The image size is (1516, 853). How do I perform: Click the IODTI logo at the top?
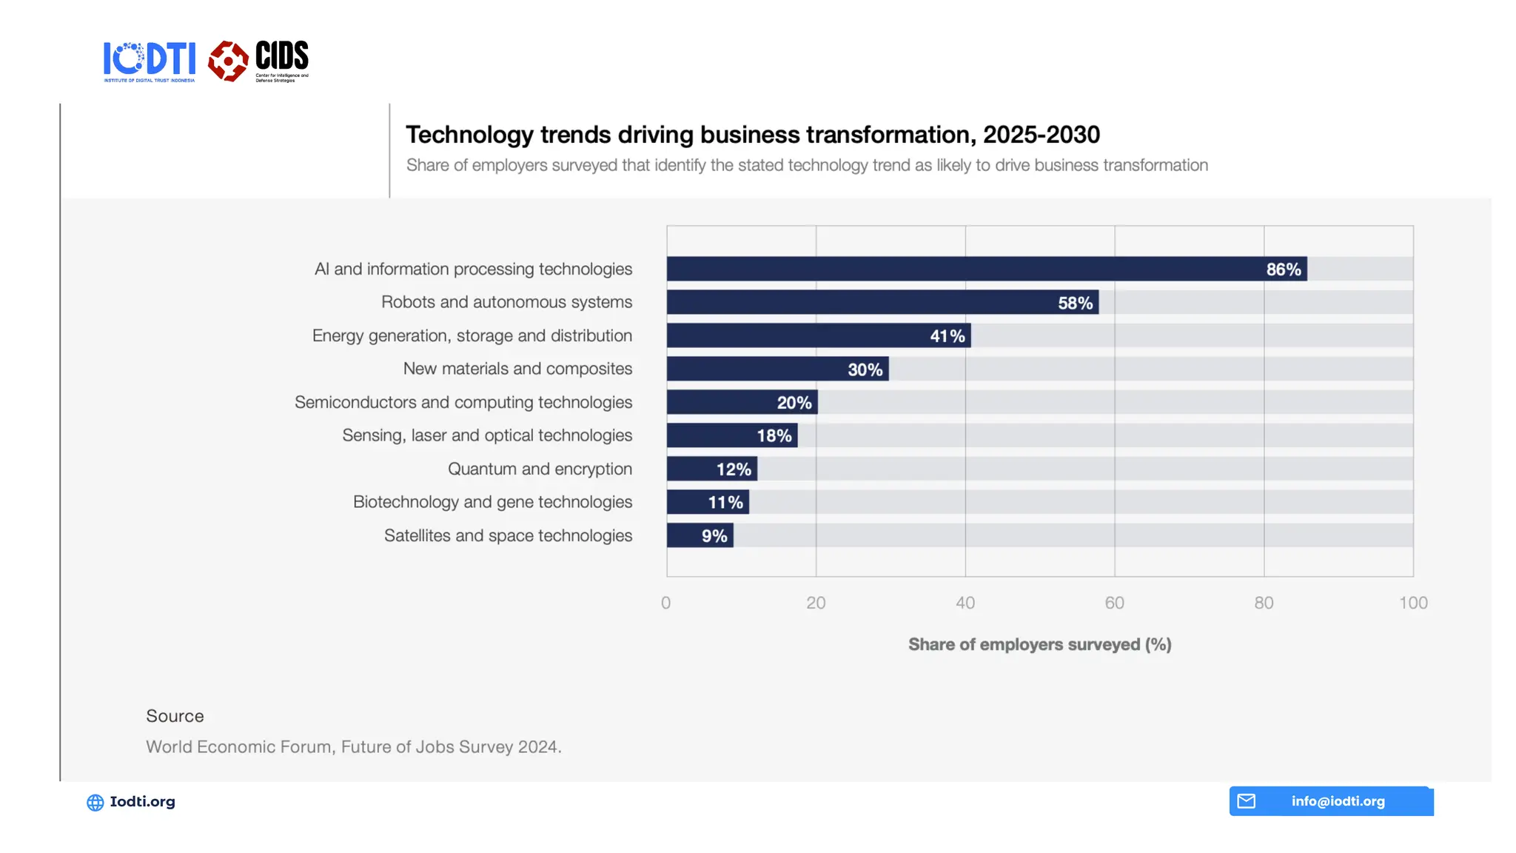(x=149, y=61)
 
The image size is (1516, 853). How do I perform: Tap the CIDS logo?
(x=258, y=61)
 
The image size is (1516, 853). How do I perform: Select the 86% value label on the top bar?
(x=1283, y=270)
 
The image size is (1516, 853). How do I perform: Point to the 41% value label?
(x=947, y=336)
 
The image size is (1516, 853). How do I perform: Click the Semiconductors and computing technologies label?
(x=463, y=402)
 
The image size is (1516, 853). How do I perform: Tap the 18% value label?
(x=774, y=436)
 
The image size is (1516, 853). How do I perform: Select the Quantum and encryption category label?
(x=540, y=469)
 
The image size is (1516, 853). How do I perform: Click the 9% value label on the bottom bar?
(x=714, y=536)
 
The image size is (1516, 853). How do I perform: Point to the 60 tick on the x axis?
(x=1114, y=603)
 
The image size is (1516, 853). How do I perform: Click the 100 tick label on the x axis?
(x=1412, y=603)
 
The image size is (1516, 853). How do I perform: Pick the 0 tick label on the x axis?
(x=666, y=603)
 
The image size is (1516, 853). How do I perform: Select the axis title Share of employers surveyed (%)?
(x=1039, y=644)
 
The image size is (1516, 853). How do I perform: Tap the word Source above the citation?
(x=175, y=716)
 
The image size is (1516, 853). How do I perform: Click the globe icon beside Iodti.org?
(x=95, y=803)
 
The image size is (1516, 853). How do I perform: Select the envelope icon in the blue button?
(x=1247, y=801)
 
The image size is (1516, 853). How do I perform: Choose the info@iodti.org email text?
(x=1338, y=801)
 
